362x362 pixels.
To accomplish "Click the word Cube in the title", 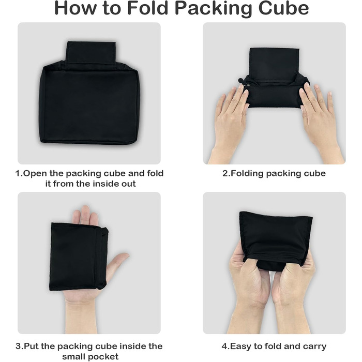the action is (x=283, y=8).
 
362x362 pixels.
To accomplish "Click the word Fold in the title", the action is (x=147, y=8).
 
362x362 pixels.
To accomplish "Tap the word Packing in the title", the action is (x=213, y=9).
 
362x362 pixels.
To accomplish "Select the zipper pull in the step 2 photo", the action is (x=241, y=81).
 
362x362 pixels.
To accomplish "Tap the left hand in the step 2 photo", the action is (x=230, y=125).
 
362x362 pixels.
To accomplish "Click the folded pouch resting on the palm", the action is (x=79, y=257).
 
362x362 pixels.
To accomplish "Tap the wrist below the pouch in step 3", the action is (x=84, y=316).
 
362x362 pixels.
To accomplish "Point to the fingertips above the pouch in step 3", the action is (x=85, y=215).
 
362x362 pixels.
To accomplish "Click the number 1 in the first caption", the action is (x=18, y=173).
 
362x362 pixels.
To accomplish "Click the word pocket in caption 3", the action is (x=104, y=356).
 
